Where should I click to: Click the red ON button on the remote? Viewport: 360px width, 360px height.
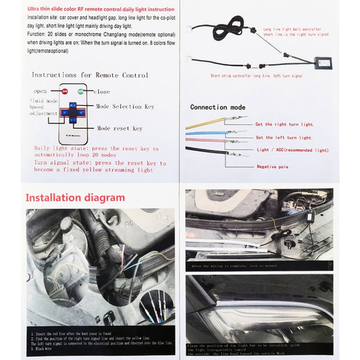click(65, 92)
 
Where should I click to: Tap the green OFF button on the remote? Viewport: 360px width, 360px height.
click(79, 92)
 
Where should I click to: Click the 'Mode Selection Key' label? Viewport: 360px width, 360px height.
click(125, 106)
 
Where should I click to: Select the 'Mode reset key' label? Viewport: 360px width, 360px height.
click(120, 128)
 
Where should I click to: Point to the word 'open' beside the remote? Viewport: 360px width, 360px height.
click(41, 92)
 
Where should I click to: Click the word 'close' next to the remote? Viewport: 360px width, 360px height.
click(103, 92)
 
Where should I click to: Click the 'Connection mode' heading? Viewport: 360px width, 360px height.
click(218, 107)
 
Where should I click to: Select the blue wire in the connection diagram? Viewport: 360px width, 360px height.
click(207, 131)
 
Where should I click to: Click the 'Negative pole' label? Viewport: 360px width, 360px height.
click(274, 166)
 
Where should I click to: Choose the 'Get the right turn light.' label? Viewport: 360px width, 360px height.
click(285, 124)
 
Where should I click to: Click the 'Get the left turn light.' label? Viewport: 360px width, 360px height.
click(284, 137)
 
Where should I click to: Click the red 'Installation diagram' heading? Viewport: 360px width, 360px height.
click(75, 197)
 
